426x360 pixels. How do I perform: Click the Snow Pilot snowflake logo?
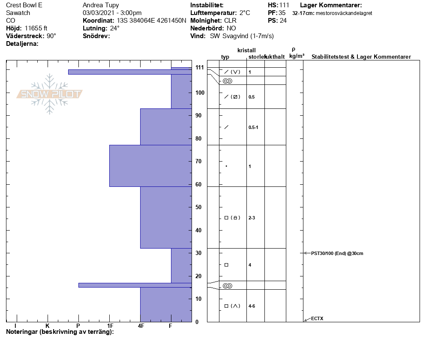tap(49, 94)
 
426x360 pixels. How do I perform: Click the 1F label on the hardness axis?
tap(110, 326)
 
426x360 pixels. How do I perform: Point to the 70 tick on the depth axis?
tap(198, 162)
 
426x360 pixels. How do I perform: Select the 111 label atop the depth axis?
tap(200, 67)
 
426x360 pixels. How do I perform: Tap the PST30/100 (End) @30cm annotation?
tap(337, 253)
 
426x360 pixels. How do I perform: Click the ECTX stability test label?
tap(317, 318)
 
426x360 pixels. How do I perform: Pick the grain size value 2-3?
tap(252, 218)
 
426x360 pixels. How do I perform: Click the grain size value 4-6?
tap(252, 306)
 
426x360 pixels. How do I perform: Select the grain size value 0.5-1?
tap(253, 127)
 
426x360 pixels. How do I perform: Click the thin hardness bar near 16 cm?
tap(135, 285)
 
